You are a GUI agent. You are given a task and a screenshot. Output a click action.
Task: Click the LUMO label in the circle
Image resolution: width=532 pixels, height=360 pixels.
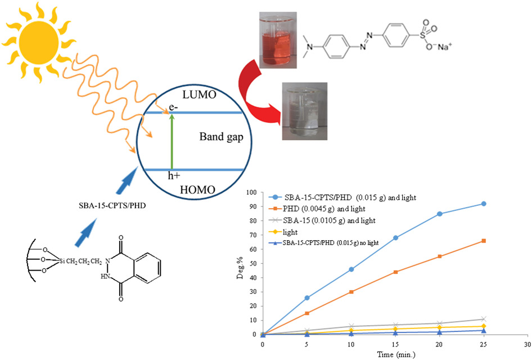(x=199, y=94)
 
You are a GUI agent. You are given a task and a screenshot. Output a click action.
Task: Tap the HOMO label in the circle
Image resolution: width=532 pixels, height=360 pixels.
(x=197, y=190)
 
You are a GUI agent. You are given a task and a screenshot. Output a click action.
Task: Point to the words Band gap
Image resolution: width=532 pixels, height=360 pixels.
(x=221, y=137)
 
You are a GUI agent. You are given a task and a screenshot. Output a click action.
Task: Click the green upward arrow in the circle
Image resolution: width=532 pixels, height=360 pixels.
(x=172, y=142)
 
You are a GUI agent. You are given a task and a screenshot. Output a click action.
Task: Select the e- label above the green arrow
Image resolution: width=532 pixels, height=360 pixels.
(x=173, y=107)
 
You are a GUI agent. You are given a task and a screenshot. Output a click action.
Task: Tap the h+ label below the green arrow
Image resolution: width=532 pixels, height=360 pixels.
(x=174, y=175)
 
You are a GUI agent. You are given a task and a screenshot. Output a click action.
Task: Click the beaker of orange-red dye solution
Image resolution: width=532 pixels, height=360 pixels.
(x=278, y=40)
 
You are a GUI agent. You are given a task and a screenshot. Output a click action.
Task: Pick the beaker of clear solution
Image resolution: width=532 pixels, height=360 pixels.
(x=305, y=111)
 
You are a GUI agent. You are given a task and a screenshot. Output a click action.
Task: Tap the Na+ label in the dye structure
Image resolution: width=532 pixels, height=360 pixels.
(x=445, y=47)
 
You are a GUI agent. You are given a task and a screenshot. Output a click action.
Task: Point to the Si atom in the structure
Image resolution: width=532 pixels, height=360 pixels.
(x=62, y=261)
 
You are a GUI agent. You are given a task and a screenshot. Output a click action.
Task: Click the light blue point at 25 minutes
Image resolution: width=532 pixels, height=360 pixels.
(x=484, y=204)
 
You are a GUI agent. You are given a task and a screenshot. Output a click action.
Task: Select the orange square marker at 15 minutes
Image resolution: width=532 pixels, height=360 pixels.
(x=395, y=272)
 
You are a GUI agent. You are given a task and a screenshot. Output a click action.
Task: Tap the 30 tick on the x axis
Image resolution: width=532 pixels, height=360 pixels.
(x=528, y=344)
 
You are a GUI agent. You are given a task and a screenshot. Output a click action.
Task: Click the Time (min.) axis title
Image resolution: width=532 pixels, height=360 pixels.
(x=396, y=355)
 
